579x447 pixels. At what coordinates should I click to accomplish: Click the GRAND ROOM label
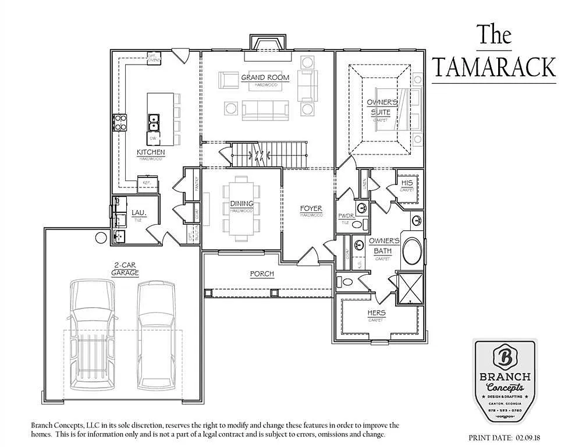[261, 77]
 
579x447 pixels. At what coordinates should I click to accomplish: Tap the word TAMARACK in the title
[493, 68]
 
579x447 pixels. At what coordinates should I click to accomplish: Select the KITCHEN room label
[151, 152]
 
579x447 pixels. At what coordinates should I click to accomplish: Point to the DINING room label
[241, 204]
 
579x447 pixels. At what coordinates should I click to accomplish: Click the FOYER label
[311, 208]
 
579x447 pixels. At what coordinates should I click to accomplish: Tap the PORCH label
[261, 274]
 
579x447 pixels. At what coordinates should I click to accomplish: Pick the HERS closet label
[376, 313]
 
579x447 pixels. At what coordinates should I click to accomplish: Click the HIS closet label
[407, 183]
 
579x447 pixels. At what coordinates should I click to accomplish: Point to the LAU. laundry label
[137, 214]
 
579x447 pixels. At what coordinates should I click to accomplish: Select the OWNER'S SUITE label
[382, 107]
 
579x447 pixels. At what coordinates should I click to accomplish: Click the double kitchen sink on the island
[153, 122]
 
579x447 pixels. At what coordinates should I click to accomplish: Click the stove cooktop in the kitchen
[120, 122]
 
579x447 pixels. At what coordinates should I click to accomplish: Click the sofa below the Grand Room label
[265, 109]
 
